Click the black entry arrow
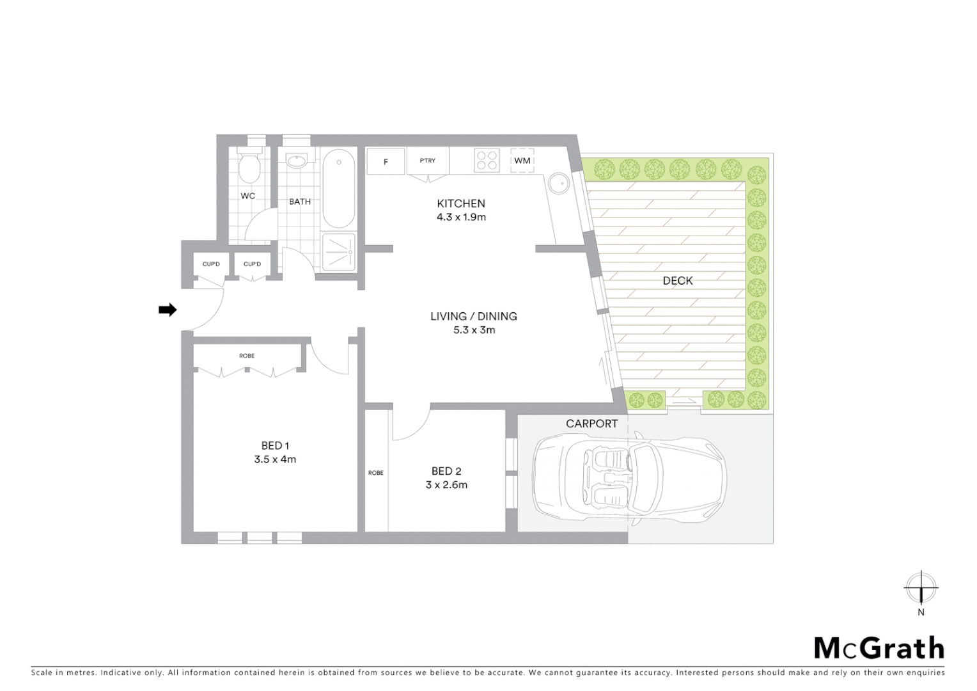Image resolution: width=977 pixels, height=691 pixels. coord(168,310)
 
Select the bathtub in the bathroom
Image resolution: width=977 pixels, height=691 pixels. coord(338,189)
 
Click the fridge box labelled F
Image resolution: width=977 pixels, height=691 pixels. coord(386,162)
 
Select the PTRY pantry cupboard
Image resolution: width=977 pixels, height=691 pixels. coord(428,161)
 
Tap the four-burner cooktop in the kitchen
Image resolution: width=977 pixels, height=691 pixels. coord(487,160)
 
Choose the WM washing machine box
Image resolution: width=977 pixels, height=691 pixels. coord(522,161)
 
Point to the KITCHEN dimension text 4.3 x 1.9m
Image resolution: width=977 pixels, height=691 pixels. coord(461,218)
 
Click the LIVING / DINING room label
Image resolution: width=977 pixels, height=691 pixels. coord(473,316)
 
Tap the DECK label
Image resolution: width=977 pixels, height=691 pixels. coord(677,281)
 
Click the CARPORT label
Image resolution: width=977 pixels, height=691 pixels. coord(591,424)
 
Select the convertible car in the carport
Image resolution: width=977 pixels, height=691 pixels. coord(630,477)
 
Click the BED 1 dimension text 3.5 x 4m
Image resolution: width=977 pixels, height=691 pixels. coord(275,459)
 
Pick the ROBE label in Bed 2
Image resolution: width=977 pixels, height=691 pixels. coord(376,473)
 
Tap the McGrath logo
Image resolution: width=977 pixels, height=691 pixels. coord(879,648)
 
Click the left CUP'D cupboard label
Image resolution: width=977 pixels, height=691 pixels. coord(211,264)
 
